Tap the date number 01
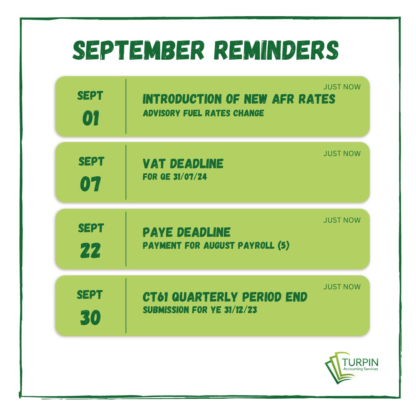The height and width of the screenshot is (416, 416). pyautogui.click(x=91, y=119)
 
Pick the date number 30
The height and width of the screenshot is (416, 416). pyautogui.click(x=91, y=318)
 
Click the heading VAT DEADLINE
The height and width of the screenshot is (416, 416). pyautogui.click(x=183, y=164)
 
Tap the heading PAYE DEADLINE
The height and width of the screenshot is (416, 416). pyautogui.click(x=186, y=232)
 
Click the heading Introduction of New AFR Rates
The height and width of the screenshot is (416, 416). pyautogui.click(x=239, y=99)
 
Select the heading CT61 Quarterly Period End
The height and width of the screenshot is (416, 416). pyautogui.click(x=225, y=297)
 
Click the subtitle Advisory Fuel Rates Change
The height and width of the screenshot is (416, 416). pyautogui.click(x=203, y=113)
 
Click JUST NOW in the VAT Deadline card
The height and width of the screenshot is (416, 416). pyautogui.click(x=342, y=153)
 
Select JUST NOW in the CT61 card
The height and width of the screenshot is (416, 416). pyautogui.click(x=342, y=287)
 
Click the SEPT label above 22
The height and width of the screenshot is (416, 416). pyautogui.click(x=91, y=228)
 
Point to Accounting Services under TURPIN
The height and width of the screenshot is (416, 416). pyautogui.click(x=360, y=369)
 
